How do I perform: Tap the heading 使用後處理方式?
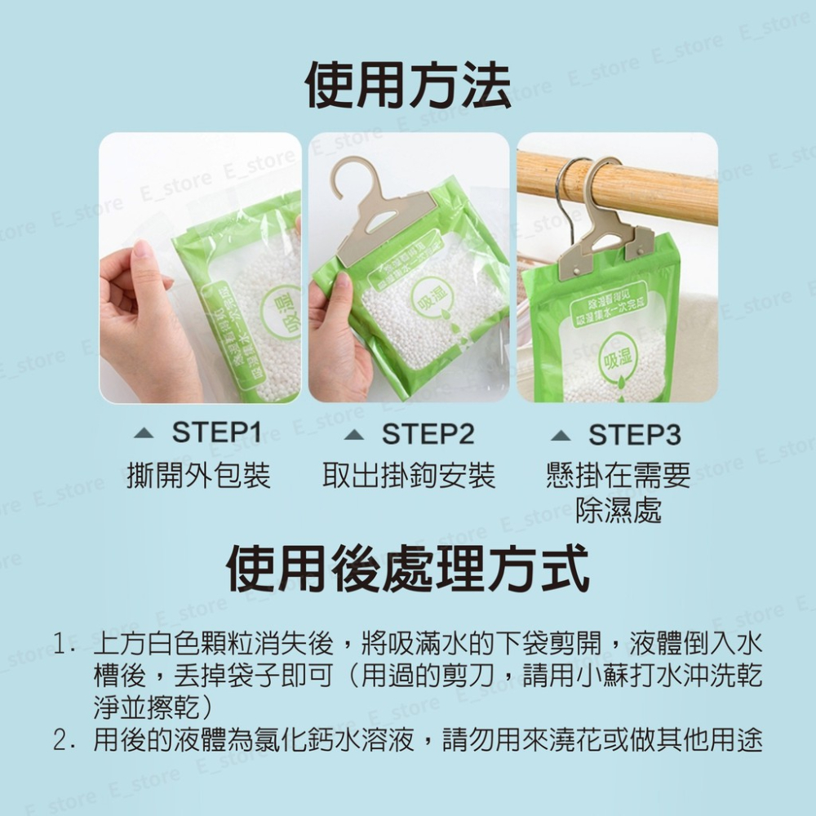click(x=408, y=569)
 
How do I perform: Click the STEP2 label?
click(x=428, y=433)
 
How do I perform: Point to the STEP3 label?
click(x=635, y=433)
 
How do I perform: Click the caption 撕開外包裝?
click(x=199, y=474)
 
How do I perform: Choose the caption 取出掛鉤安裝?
click(x=409, y=474)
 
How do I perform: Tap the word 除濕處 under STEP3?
click(x=618, y=510)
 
